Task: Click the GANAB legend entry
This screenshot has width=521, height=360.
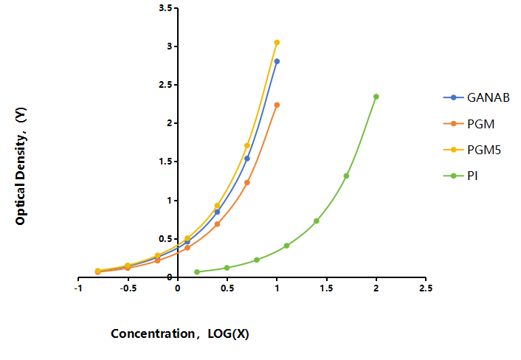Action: [477, 97]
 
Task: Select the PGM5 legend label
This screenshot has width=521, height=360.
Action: [484, 150]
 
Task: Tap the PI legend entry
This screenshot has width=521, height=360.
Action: [460, 176]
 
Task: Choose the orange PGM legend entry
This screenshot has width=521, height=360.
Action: [469, 124]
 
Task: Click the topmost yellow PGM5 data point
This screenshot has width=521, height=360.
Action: [277, 43]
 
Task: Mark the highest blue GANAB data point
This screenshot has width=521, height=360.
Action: [277, 61]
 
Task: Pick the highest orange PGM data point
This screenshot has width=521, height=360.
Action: [277, 105]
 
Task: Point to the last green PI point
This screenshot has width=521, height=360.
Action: [376, 97]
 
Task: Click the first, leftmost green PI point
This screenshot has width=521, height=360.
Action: [197, 272]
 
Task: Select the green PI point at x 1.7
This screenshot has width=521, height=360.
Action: [346, 176]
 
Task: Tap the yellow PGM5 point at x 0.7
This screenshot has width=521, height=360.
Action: [247, 145]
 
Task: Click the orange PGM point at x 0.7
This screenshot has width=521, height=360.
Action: [247, 183]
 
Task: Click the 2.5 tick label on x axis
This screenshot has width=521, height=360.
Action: [426, 288]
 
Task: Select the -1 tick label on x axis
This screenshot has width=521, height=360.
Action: [78, 288]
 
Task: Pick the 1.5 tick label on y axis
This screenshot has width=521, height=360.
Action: [165, 162]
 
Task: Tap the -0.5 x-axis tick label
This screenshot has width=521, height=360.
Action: [128, 288]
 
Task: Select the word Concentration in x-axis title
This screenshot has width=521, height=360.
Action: [153, 333]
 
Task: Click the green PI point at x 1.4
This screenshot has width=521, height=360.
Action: [317, 221]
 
